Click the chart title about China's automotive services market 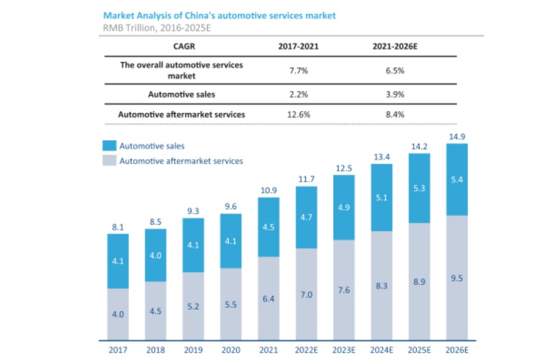[x=219, y=15]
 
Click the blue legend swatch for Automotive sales [x=109, y=146]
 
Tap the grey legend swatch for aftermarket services [x=109, y=161]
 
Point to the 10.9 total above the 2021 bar [x=268, y=190]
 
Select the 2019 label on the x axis [x=193, y=350]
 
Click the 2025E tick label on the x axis [x=419, y=350]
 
